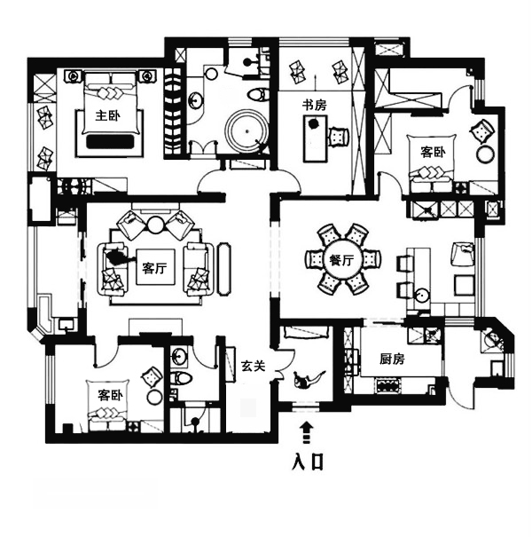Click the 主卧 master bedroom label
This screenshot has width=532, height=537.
(x=107, y=115)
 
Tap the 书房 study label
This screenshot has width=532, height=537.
(x=314, y=105)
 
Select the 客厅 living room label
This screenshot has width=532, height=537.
(x=154, y=267)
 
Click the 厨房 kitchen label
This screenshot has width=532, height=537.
(x=392, y=359)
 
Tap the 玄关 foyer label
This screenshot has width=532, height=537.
(x=253, y=366)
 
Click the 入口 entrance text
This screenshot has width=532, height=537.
(x=307, y=462)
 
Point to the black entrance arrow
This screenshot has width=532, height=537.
(x=307, y=432)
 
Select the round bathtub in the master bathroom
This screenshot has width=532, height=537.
(x=246, y=130)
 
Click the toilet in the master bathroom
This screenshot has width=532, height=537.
(x=256, y=94)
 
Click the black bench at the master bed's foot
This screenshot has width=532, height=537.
(x=110, y=141)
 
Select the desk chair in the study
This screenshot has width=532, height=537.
(x=339, y=137)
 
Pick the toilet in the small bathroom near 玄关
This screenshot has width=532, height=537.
(x=181, y=378)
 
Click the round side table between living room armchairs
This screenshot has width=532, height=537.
(x=156, y=225)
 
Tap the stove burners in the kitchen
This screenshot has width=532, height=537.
(x=388, y=385)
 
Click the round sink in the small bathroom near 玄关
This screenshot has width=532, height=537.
(x=178, y=357)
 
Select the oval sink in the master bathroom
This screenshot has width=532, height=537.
(x=195, y=100)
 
